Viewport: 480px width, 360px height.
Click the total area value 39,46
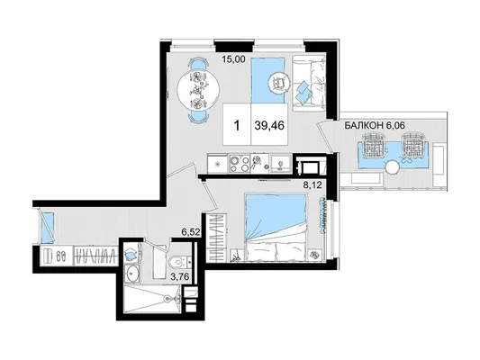(x=269, y=125)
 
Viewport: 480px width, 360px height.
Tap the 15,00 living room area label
(x=234, y=59)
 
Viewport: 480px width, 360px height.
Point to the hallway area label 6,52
(x=191, y=232)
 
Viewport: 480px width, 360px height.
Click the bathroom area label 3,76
(x=180, y=276)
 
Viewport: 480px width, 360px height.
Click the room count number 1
(x=237, y=125)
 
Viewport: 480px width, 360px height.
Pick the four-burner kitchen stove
(x=240, y=164)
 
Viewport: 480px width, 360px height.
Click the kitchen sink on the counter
(x=280, y=164)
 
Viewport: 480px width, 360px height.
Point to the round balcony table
(x=392, y=168)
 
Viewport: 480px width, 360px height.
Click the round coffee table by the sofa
(x=278, y=82)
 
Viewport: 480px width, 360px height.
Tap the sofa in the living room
(x=308, y=84)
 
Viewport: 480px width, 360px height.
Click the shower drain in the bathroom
(x=168, y=298)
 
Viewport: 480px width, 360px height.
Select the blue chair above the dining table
(x=198, y=64)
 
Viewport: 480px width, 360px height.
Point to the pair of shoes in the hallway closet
(x=61, y=255)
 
